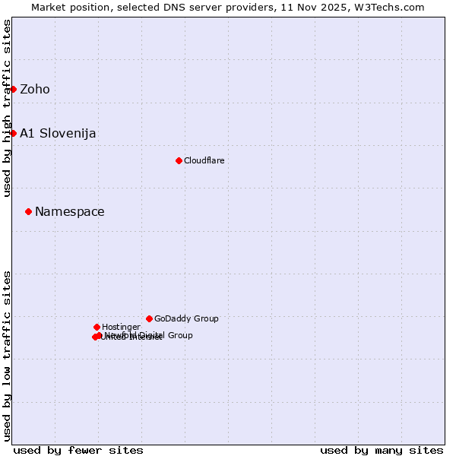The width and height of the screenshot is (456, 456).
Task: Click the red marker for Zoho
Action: (x=13, y=89)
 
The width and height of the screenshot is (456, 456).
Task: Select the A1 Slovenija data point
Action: (x=13, y=133)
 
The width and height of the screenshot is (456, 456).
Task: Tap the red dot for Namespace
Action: (x=28, y=211)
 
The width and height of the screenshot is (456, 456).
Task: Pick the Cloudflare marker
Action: (x=179, y=160)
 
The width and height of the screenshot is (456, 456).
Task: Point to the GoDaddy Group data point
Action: (x=149, y=318)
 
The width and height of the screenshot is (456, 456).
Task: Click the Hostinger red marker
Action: (x=97, y=327)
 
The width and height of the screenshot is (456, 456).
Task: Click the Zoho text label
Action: (x=35, y=90)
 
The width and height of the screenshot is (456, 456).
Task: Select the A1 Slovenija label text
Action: (x=58, y=134)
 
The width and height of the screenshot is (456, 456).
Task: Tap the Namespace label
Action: (x=70, y=212)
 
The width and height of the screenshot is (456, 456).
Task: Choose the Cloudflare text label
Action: (x=204, y=161)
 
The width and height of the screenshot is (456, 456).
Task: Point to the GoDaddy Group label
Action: (x=186, y=319)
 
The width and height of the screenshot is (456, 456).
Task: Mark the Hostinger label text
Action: (x=121, y=328)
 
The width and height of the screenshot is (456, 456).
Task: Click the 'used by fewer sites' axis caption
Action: (x=78, y=451)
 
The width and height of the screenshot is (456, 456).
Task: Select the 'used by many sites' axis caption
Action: (x=382, y=451)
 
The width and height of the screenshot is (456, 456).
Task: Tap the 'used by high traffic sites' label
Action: (x=7, y=108)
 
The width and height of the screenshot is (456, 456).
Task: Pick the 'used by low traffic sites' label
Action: (x=7, y=355)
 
